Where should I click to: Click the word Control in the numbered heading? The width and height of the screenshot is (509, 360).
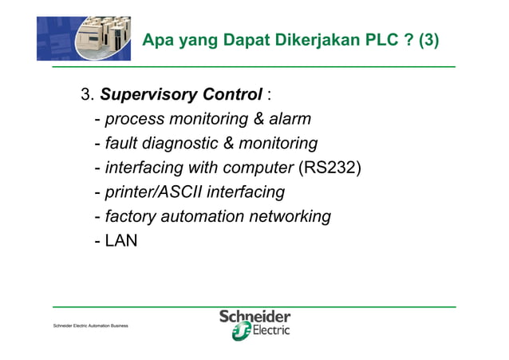(226, 96)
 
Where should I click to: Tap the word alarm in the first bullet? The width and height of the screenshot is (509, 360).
(286, 120)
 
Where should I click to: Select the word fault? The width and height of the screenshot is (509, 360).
(122, 144)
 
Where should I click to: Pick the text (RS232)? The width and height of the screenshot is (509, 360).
(329, 168)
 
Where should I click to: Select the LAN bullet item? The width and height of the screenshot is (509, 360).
(121, 239)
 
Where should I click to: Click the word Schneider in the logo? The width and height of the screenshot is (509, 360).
(254, 317)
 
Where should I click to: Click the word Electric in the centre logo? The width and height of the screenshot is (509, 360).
(270, 331)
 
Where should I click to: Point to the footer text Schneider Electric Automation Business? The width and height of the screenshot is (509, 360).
(91, 326)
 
